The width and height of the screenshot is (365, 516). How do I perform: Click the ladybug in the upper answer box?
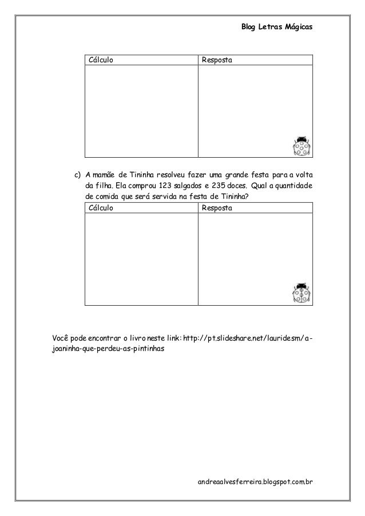301,146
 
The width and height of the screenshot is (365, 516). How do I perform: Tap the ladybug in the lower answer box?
301,293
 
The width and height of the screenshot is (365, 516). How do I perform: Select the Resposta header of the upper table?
217,60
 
